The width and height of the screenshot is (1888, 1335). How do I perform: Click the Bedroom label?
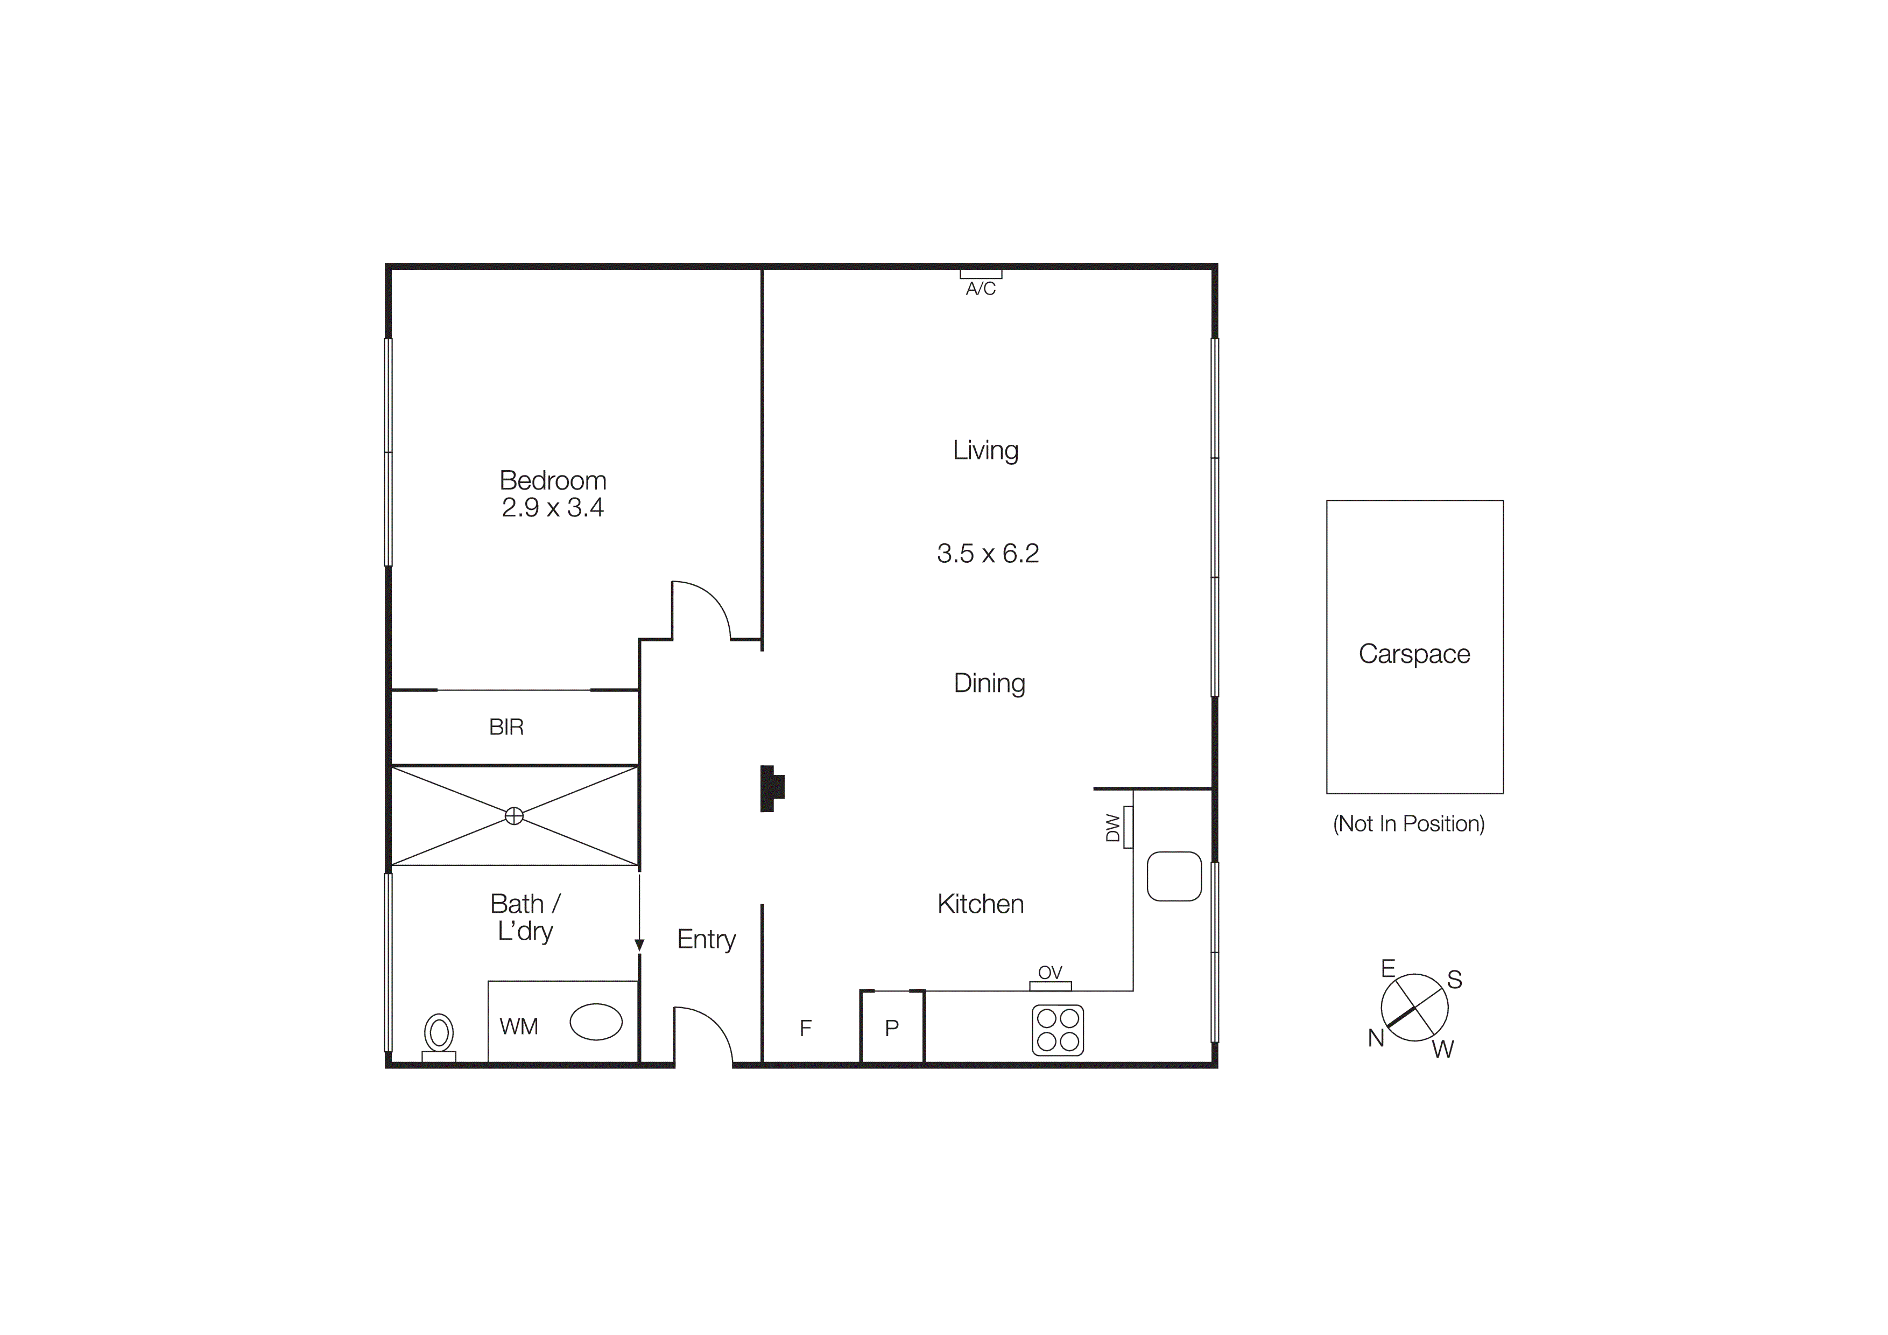pos(553,480)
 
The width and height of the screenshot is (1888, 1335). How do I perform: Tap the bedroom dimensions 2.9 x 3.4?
pos(553,507)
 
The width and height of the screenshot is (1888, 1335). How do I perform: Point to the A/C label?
pos(980,289)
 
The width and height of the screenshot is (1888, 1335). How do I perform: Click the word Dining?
pos(989,683)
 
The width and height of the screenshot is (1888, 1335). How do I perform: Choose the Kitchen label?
pos(980,904)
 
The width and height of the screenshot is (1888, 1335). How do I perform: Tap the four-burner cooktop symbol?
pos(1058,1030)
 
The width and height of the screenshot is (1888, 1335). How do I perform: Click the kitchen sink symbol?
pos(1173,876)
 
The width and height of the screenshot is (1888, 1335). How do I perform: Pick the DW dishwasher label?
pos(1112,828)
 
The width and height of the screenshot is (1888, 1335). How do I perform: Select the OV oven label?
pos(1050,973)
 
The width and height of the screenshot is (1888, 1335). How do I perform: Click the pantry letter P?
pos(891,1028)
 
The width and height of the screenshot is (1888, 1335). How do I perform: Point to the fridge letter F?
pos(806,1028)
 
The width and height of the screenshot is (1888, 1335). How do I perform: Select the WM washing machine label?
pos(519,1026)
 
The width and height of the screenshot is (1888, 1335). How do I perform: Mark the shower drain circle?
pos(514,816)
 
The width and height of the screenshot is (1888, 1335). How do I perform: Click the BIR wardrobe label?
pos(506,727)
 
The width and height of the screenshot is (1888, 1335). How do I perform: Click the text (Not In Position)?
pos(1408,823)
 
